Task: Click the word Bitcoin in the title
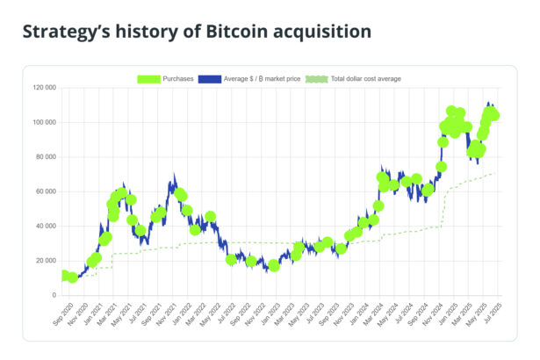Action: (x=238, y=32)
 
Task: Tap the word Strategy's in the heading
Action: (x=64, y=32)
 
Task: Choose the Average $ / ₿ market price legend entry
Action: (x=263, y=79)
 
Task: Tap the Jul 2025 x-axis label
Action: (x=492, y=313)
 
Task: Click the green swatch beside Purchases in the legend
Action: (x=149, y=79)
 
